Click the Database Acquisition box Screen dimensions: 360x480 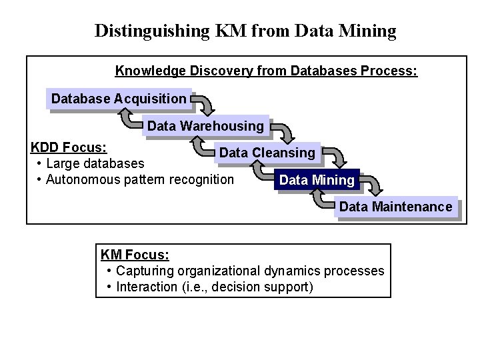point(119,99)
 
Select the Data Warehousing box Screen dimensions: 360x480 point(205,126)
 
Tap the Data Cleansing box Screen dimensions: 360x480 point(267,153)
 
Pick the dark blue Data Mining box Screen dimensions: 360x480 point(317,180)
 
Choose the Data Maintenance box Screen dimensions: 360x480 point(395,207)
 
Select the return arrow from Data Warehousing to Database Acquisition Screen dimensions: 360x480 point(129,119)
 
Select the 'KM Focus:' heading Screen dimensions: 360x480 point(135,255)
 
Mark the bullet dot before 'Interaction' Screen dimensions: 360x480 point(109,287)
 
